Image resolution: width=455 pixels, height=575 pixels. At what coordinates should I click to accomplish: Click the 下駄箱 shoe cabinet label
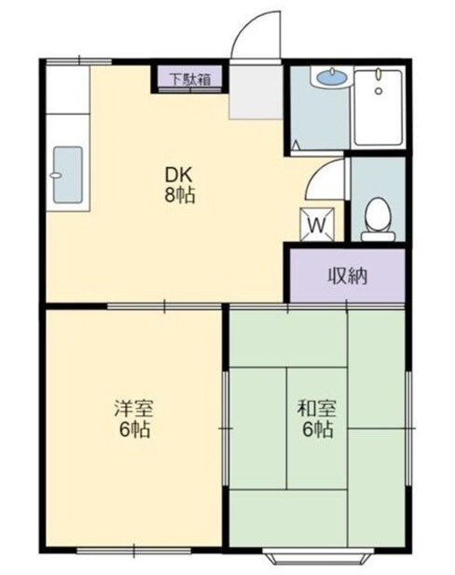(x=192, y=79)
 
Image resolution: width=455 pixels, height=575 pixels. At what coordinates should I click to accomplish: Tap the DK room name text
(x=178, y=174)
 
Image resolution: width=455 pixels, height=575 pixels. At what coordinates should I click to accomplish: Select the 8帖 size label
(x=178, y=195)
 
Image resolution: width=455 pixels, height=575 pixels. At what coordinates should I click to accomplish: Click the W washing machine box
(x=318, y=223)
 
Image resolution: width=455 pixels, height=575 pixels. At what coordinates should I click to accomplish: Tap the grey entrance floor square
(x=257, y=92)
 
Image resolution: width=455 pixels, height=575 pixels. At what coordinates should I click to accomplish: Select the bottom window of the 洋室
(x=134, y=548)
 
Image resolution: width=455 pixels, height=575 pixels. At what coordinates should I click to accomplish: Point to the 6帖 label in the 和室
(x=316, y=429)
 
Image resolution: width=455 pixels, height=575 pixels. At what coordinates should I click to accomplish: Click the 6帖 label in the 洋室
(x=132, y=429)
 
